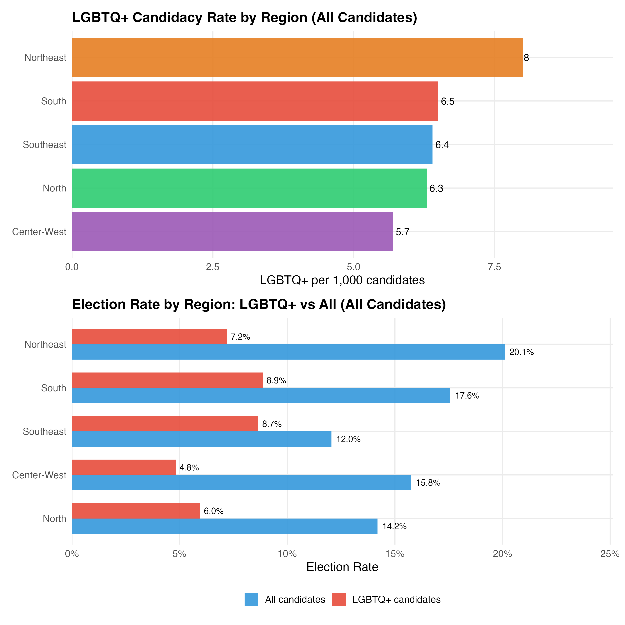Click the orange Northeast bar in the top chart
coord(297,57)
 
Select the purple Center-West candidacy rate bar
coord(232,232)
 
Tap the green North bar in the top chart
coord(249,188)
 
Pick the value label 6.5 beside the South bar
coord(448,101)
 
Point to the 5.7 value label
coord(403,232)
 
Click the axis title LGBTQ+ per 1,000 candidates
coord(342,280)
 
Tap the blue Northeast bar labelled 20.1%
coord(288,352)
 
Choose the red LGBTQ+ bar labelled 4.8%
coord(124,467)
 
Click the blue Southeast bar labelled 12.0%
coord(201,439)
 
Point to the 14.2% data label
coord(394,526)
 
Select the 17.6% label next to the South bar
coord(467,396)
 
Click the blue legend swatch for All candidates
coord(251,599)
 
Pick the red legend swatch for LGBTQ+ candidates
coord(339,599)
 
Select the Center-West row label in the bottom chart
coord(39,475)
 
